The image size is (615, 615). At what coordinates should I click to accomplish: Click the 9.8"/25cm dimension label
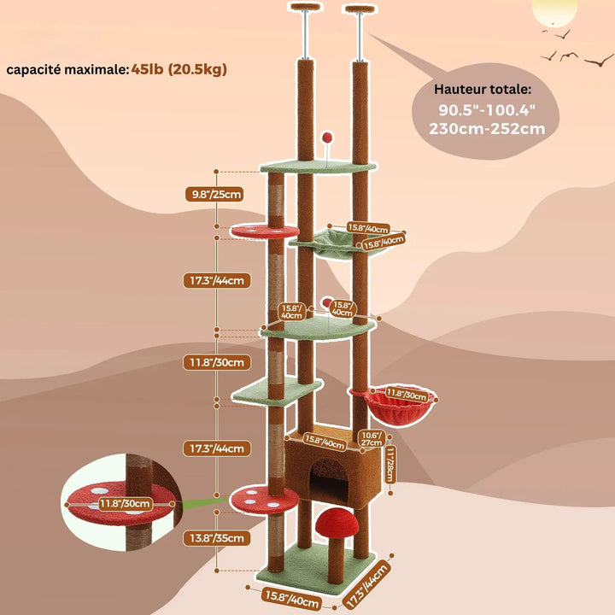click(x=214, y=194)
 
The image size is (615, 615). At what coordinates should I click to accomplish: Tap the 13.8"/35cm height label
click(x=216, y=538)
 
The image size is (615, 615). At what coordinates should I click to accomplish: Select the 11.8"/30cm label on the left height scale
click(x=216, y=362)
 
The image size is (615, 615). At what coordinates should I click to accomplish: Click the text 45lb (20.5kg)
click(x=179, y=69)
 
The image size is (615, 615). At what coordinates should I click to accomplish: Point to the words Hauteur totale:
click(x=483, y=90)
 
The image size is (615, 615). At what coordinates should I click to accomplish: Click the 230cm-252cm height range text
click(x=487, y=129)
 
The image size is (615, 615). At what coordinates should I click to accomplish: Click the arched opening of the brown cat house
click(x=329, y=480)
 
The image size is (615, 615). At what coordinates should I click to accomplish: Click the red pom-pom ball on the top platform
click(x=326, y=138)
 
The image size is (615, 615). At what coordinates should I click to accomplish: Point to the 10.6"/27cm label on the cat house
click(x=372, y=439)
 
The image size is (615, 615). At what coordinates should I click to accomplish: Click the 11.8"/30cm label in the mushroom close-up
click(x=125, y=504)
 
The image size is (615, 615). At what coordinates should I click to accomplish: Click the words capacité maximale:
click(x=67, y=70)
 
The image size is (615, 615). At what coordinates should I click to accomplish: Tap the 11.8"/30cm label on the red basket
click(x=406, y=394)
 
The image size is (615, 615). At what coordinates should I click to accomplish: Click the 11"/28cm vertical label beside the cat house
click(x=389, y=465)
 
